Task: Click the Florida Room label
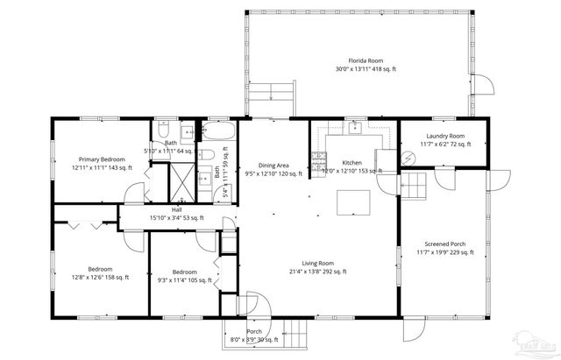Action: [x=364, y=60]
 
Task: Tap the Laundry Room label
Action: [x=444, y=136]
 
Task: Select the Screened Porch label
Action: [x=444, y=244]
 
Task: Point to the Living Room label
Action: [x=319, y=263]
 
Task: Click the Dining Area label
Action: [x=273, y=165]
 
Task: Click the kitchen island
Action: [x=354, y=201]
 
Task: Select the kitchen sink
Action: [x=354, y=128]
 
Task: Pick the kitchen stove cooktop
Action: [x=319, y=160]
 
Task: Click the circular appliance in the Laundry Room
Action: [x=408, y=157]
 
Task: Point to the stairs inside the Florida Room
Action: [x=280, y=90]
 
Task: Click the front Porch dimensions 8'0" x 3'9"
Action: [x=253, y=339]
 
